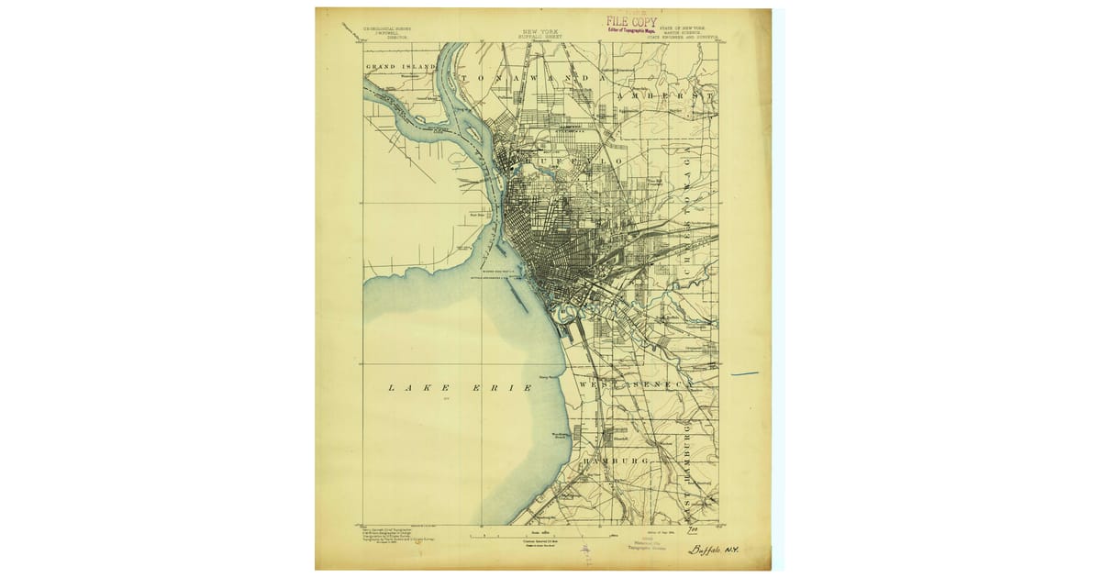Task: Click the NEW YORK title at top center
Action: (x=541, y=30)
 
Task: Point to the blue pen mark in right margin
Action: (x=744, y=373)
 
